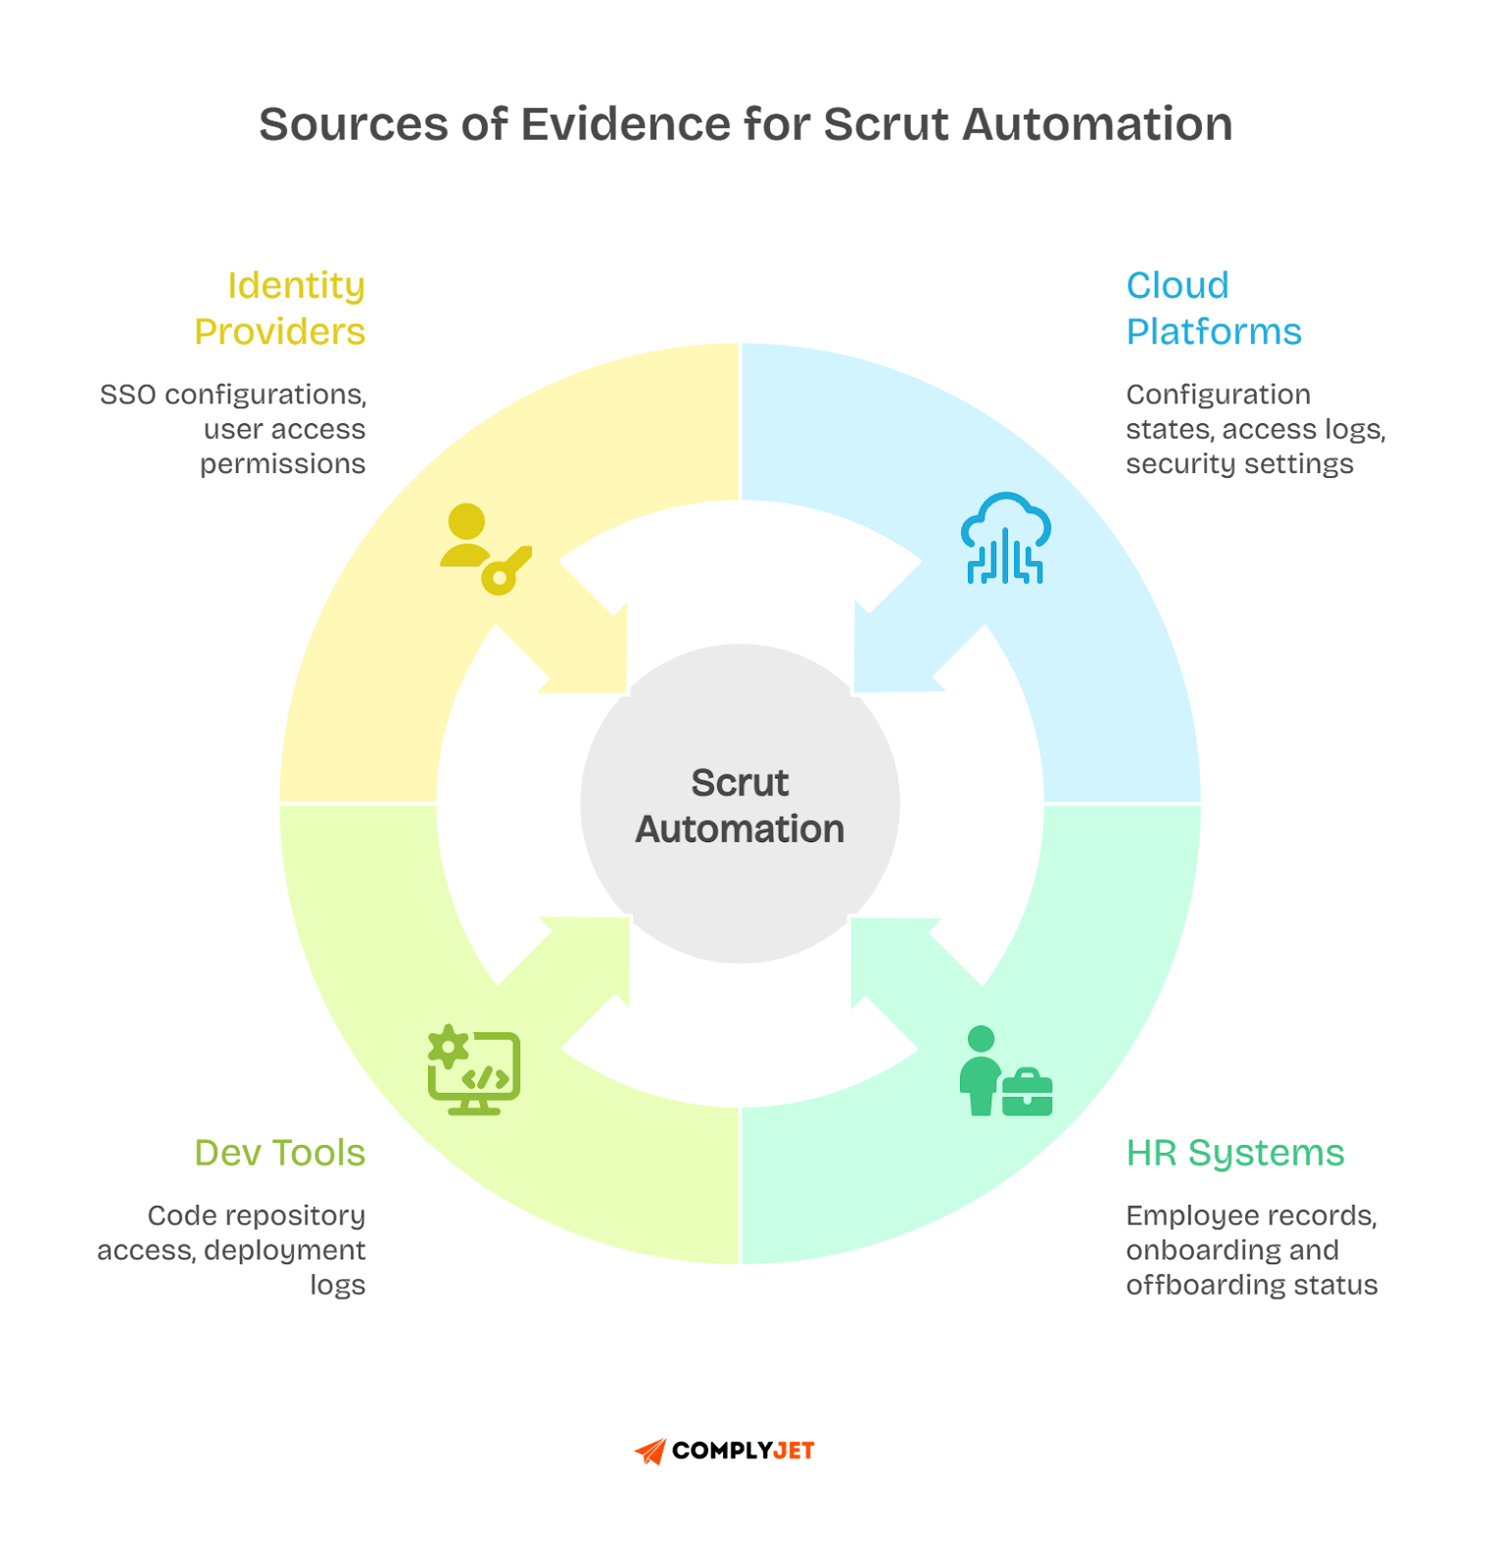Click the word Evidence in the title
pos(623,125)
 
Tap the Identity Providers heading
pos(280,309)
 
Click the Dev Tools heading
pos(280,1153)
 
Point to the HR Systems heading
pos(1235,1153)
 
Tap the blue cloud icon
pos(1005,539)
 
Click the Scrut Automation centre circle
pos(740,804)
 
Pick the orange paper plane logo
pos(650,1451)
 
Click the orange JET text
pos(794,1451)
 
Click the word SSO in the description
pos(128,395)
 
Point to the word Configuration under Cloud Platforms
pos(1218,395)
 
